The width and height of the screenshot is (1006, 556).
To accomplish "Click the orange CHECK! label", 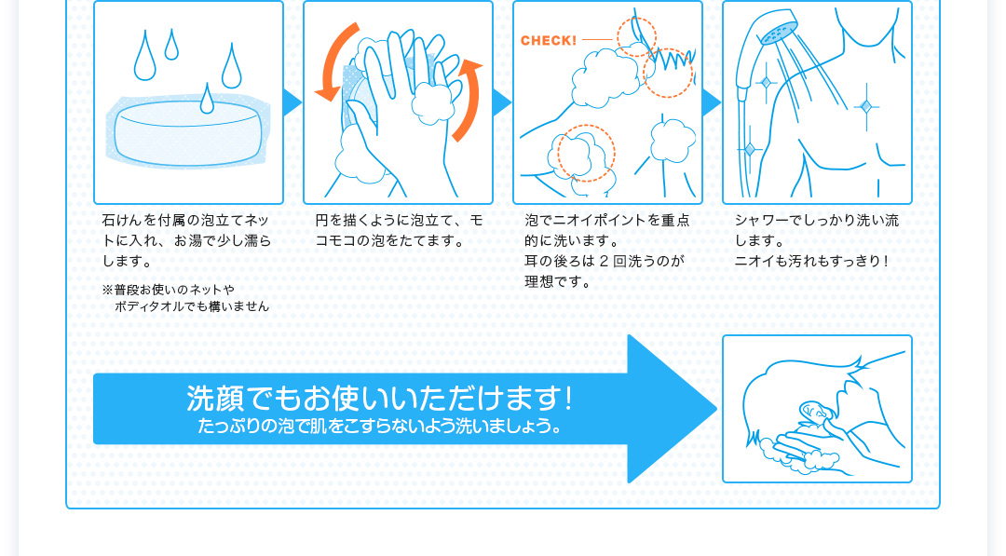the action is [549, 40].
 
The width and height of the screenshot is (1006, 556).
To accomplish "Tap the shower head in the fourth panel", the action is [778, 28].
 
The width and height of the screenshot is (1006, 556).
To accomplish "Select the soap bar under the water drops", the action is [188, 133].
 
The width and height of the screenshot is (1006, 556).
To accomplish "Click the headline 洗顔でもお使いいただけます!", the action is [379, 399].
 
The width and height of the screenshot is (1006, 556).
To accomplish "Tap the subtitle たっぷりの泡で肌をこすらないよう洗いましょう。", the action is [380, 426].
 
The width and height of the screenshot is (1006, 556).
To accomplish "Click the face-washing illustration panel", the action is [817, 409].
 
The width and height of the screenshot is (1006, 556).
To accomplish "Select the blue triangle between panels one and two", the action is [292, 102].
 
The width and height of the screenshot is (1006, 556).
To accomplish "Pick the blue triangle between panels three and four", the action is [712, 102].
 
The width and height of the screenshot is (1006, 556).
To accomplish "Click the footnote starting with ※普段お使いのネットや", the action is [185, 298].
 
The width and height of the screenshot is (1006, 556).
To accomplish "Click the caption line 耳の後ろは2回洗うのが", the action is [605, 261].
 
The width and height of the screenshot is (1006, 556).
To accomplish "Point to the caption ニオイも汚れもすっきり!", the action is [811, 261].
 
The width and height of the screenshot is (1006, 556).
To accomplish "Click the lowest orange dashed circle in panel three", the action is [587, 154].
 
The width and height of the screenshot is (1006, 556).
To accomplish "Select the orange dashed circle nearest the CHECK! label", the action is [636, 37].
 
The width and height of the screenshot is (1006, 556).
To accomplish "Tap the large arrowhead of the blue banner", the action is [672, 409].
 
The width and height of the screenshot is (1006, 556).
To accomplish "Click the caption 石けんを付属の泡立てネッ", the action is [185, 221].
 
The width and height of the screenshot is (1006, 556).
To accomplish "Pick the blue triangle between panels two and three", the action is [502, 102].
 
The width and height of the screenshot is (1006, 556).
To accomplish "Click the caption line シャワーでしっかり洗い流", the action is [817, 221].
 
